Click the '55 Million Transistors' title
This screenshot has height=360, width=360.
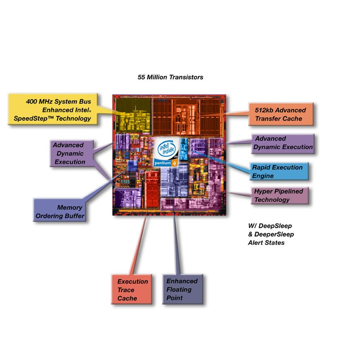[171, 77]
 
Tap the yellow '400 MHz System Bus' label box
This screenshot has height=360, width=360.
[53, 109]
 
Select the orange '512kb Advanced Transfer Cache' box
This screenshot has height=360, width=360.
[281, 114]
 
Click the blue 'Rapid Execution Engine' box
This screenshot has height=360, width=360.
[279, 172]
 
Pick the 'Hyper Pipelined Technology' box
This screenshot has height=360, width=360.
[279, 195]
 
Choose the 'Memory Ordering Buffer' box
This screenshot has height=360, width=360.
[60, 210]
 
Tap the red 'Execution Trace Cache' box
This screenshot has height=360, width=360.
[131, 289]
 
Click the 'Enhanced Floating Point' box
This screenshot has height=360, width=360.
[183, 289]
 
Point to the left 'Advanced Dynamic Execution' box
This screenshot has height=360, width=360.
[72, 153]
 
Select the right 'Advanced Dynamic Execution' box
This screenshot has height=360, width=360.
[283, 144]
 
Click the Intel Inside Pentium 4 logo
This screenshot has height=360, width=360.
[166, 152]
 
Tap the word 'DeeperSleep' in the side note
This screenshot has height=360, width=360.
[274, 234]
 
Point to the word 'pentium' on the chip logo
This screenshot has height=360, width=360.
[162, 163]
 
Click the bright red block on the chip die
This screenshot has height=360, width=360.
[152, 189]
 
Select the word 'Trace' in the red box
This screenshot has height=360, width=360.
[126, 290]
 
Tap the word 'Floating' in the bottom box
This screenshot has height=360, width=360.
[179, 290]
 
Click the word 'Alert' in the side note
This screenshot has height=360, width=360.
[256, 243]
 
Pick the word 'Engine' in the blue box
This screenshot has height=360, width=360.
[263, 176]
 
